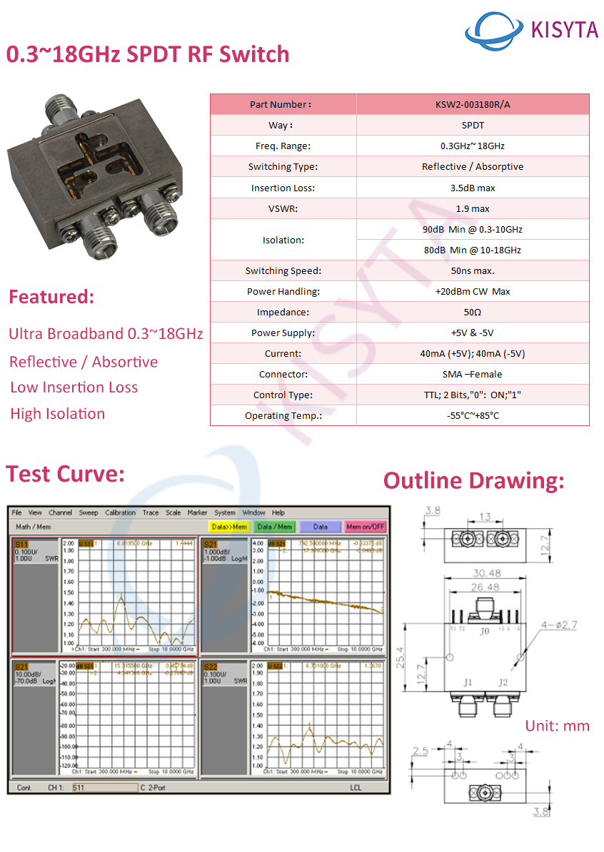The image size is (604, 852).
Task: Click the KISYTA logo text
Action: [x=564, y=29]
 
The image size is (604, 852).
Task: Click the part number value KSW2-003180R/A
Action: [x=473, y=104]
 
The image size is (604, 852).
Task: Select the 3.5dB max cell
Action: [x=473, y=188]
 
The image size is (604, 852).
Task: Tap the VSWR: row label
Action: [x=283, y=208]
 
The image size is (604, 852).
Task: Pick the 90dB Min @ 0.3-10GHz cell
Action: [x=473, y=229]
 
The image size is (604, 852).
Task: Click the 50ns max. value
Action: [x=473, y=270]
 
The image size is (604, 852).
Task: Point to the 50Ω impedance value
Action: [x=473, y=312]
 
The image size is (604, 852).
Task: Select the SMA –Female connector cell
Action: [x=473, y=374]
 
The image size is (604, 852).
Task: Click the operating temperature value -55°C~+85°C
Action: [x=473, y=415]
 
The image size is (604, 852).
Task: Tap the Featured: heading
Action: [x=51, y=297]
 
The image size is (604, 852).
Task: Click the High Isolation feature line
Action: [x=57, y=414]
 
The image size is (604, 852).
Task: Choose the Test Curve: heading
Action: [x=66, y=474]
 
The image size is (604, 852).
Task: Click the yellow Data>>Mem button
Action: [x=228, y=527]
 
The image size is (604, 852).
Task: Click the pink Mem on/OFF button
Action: [x=365, y=527]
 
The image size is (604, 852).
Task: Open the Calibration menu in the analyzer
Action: [x=120, y=512]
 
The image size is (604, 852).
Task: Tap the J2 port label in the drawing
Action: [x=503, y=682]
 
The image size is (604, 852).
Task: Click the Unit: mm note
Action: [x=558, y=726]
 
